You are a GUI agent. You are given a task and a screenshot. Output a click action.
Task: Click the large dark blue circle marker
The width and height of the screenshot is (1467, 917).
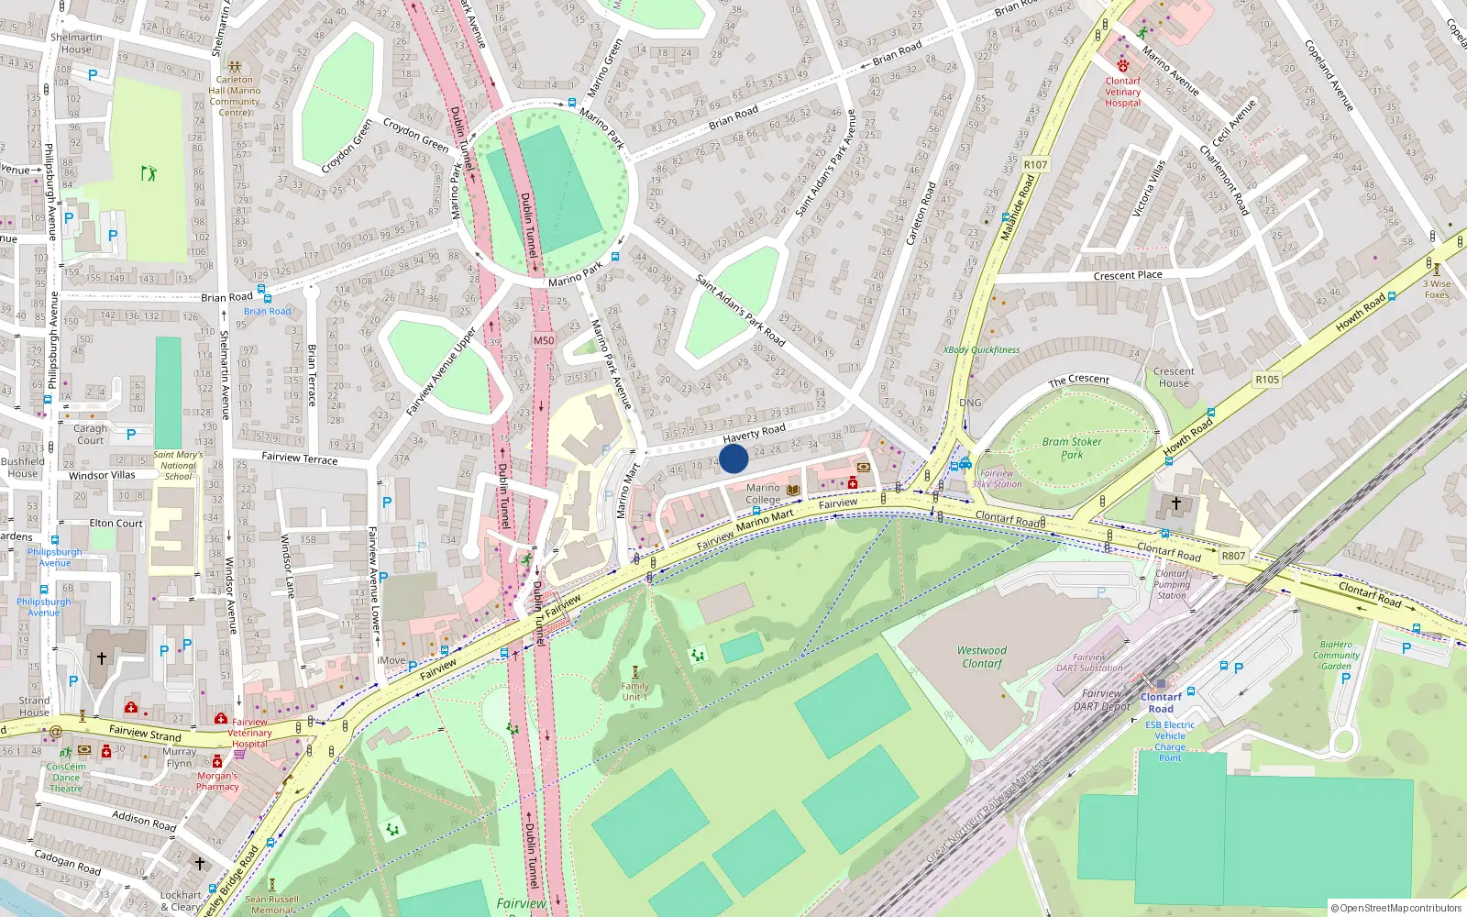coord(733,458)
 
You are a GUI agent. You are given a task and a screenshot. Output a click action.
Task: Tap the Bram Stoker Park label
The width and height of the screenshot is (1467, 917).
coord(1072,447)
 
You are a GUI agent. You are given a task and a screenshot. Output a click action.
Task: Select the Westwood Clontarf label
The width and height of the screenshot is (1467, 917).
coord(982,657)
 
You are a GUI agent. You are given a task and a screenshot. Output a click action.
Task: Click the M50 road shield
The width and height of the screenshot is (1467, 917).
coord(544,340)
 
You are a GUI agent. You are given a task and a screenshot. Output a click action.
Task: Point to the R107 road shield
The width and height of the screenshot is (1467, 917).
coord(1035,165)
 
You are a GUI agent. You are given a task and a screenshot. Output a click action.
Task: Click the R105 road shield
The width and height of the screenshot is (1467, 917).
coord(1267,380)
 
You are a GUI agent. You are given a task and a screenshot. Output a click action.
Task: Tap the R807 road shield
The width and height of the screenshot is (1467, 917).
coord(1233,556)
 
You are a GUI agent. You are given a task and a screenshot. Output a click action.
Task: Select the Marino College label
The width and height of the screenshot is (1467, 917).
coord(763,493)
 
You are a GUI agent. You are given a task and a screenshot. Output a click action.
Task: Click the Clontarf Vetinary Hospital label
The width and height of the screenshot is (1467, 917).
coord(1123,92)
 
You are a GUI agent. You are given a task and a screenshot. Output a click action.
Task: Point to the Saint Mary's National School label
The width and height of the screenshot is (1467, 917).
coord(178,465)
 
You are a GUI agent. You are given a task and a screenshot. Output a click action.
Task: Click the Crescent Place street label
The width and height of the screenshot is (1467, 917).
coord(1128,275)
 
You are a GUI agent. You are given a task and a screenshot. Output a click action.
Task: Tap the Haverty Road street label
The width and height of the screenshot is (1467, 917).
coord(754,433)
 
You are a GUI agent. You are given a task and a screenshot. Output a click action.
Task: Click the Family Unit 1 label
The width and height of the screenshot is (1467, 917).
coord(634,691)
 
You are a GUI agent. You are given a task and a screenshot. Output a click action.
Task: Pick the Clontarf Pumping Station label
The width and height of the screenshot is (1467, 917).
coord(1171,584)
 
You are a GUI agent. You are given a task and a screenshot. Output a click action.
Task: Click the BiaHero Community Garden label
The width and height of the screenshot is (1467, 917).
coord(1336,655)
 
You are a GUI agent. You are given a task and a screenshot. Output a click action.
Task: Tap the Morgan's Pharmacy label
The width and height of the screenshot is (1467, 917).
coord(217,781)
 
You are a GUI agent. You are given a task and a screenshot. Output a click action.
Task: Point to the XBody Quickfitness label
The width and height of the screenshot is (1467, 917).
coord(981,349)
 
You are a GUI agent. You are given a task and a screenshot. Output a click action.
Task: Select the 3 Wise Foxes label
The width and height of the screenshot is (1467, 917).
coord(1437,289)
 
